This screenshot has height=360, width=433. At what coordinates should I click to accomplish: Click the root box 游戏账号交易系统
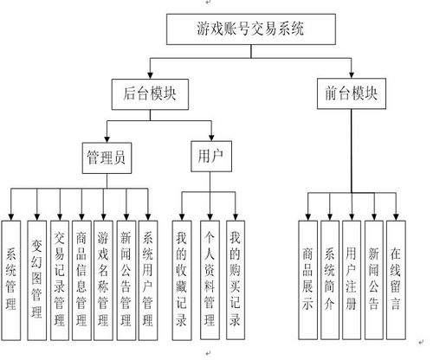coord(251,29)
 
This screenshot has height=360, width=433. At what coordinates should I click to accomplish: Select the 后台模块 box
coord(150,94)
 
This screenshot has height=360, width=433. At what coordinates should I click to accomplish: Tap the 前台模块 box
coord(352,93)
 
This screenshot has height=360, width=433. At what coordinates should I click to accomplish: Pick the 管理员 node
coord(107,157)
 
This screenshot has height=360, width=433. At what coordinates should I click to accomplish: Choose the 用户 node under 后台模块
coord(211,157)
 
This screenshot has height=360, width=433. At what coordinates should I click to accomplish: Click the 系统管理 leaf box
coord(11,280)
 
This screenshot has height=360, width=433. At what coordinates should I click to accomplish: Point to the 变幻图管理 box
coord(36,280)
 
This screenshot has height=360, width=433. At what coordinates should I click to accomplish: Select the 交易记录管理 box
coord(60,280)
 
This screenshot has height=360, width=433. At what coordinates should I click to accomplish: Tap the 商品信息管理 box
coord(81,280)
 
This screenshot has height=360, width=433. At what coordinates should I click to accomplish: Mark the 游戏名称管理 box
coord(103,280)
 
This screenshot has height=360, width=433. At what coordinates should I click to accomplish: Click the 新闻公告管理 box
coord(126,280)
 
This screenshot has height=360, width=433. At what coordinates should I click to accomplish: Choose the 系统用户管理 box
coord(148,280)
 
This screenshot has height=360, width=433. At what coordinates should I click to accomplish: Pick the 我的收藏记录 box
coord(182,280)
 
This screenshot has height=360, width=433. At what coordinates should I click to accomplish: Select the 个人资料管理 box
coord(210,280)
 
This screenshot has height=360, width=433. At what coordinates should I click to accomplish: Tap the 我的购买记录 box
coord(236,280)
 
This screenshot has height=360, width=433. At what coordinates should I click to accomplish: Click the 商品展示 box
coord(308,280)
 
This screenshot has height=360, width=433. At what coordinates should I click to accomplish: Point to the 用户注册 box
coord(352,280)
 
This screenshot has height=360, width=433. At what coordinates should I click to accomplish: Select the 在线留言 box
coord(396,280)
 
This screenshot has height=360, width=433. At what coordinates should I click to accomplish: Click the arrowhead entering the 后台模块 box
coord(150,74)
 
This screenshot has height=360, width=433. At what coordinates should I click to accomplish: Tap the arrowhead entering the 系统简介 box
coord(330,217)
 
